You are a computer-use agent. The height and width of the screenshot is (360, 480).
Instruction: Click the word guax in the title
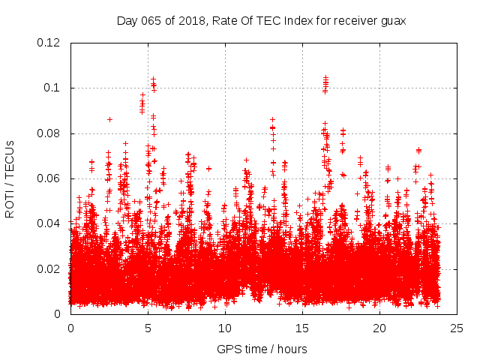(x=391, y=20)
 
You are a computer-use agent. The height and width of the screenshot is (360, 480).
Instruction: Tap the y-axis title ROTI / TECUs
(x=10, y=178)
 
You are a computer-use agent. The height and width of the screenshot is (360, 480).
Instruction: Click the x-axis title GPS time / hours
(x=262, y=349)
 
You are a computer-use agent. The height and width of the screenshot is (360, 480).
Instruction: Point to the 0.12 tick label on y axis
(x=50, y=43)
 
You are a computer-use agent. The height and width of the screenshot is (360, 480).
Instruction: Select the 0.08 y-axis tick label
(x=50, y=133)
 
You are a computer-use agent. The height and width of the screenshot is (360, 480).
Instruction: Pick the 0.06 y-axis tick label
(x=50, y=178)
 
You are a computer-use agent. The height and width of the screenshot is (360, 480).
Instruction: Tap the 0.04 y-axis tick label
(x=50, y=223)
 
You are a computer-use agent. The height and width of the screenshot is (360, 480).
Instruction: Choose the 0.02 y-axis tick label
(x=50, y=268)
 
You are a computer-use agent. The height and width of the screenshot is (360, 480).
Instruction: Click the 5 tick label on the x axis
(x=148, y=328)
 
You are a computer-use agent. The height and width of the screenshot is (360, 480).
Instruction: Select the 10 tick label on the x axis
(x=225, y=328)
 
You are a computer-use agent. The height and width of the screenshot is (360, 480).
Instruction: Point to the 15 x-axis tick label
(x=302, y=328)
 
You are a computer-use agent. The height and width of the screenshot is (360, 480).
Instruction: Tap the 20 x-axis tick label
(x=379, y=328)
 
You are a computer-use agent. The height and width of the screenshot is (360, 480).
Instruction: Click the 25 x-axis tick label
(x=457, y=328)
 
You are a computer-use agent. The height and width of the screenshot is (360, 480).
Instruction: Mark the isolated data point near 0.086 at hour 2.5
(x=109, y=119)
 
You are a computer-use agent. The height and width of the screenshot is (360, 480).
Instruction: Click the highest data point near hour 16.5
(x=325, y=77)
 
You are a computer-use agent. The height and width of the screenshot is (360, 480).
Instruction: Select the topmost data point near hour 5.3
(x=153, y=78)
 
